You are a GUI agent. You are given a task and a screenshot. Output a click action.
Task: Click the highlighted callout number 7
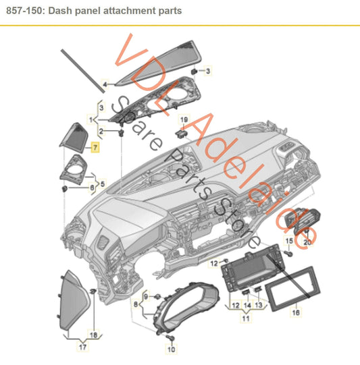[95, 146]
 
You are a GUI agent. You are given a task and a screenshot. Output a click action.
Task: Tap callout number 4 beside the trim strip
[105, 85]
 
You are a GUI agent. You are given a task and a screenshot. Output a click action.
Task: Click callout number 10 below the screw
[170, 350]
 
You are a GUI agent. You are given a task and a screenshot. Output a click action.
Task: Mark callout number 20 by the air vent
[308, 241]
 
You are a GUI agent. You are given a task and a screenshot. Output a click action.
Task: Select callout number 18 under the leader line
[94, 315]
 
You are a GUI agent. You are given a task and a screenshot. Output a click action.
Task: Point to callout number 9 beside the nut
[144, 297]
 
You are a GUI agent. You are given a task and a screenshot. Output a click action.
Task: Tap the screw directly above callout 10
[170, 335]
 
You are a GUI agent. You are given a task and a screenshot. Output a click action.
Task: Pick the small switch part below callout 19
[181, 132]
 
